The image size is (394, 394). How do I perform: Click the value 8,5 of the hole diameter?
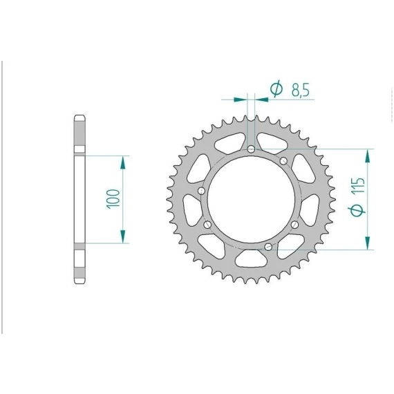(x=300, y=89)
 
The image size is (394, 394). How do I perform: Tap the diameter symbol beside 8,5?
(x=276, y=88)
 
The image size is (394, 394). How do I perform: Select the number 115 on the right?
(x=358, y=186)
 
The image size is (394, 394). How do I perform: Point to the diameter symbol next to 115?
(x=357, y=210)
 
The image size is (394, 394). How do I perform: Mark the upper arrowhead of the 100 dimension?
(x=122, y=162)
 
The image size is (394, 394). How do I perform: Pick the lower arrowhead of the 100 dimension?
(x=122, y=236)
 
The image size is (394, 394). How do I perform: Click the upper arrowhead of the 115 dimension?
(x=367, y=156)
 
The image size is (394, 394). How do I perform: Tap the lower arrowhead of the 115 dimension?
(x=367, y=243)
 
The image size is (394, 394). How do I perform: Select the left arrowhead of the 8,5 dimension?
(x=241, y=100)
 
